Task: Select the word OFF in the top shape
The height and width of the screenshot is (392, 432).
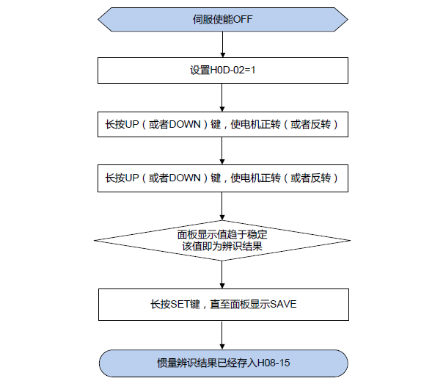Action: coord(242,19)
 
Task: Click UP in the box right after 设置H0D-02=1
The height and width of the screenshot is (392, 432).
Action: coord(133,124)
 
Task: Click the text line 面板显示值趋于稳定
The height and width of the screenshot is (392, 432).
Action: coord(222,234)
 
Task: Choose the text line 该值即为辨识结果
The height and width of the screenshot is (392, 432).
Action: coord(222,247)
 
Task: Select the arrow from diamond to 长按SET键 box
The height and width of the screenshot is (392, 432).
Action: coord(222,275)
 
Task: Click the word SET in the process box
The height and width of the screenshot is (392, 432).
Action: coord(180,303)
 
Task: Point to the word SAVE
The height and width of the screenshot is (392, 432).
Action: coord(282,303)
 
